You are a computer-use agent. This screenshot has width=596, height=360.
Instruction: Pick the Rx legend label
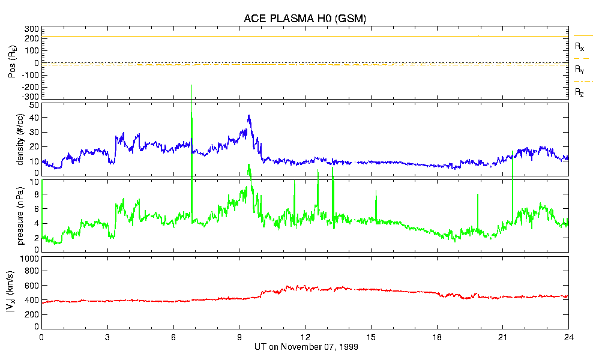click(579, 46)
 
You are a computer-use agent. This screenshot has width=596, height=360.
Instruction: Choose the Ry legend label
click(579, 70)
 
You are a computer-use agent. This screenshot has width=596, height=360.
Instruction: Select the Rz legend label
click(579, 92)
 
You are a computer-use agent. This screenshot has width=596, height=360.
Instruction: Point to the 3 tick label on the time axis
click(107, 337)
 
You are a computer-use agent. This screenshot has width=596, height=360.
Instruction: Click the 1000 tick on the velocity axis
click(29, 259)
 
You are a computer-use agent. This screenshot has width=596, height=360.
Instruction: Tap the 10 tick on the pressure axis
click(34, 182)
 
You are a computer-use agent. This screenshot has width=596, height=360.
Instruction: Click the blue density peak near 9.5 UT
click(248, 116)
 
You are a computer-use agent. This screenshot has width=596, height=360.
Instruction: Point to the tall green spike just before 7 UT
click(191, 114)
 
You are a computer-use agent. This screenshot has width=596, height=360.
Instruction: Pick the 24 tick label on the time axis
click(568, 337)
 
